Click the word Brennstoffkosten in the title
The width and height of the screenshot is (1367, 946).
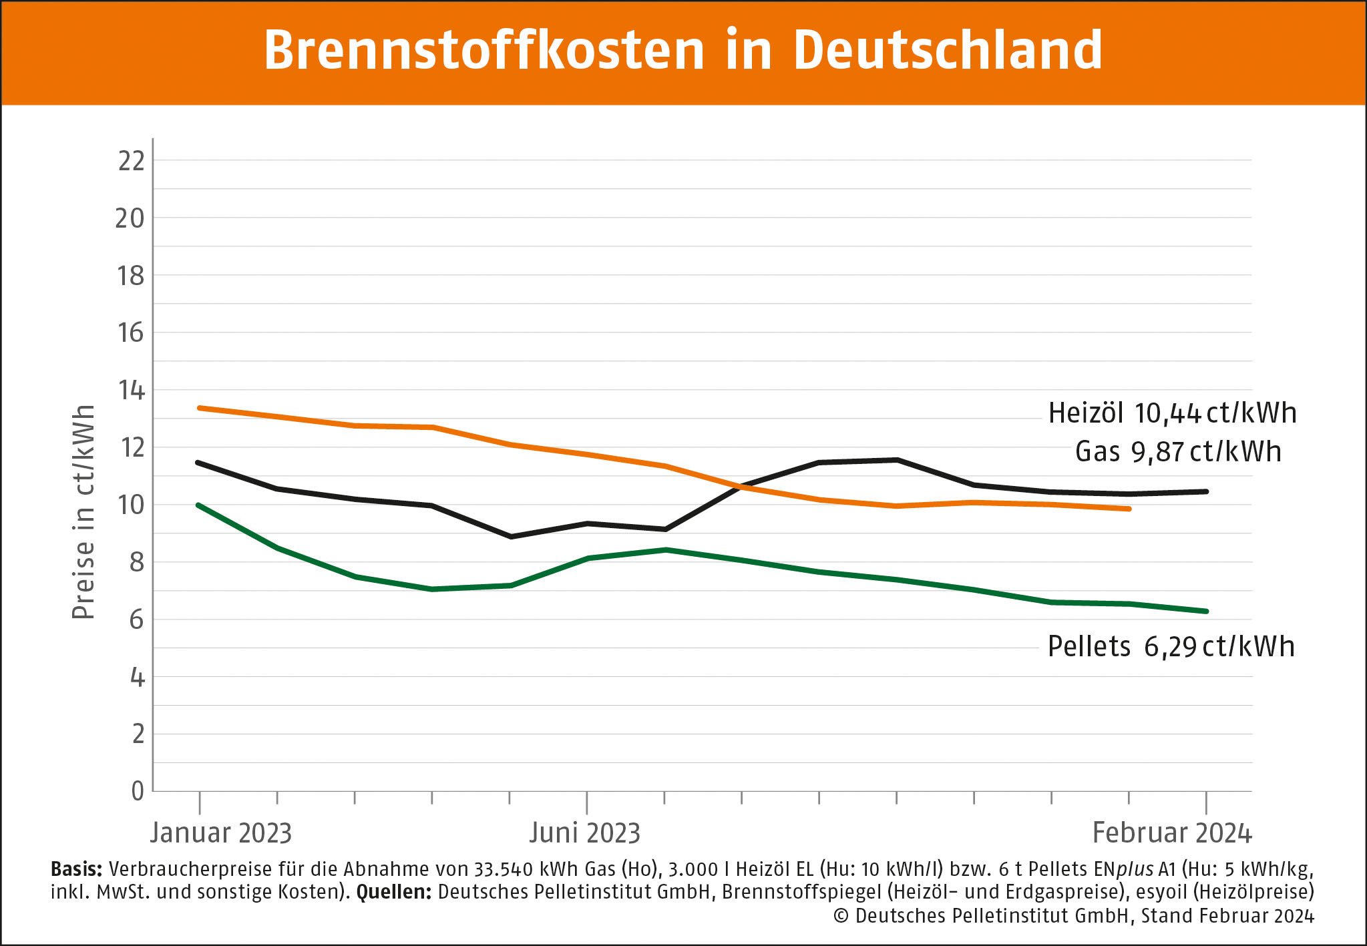pyautogui.click(x=484, y=51)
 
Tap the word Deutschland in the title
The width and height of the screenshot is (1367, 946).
pyautogui.click(x=948, y=51)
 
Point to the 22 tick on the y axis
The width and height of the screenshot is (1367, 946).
pyautogui.click(x=132, y=161)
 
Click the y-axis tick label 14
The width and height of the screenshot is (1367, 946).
pyautogui.click(x=132, y=391)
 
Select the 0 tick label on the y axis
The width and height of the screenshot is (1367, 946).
pyautogui.click(x=138, y=792)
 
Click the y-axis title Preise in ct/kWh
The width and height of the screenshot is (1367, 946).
pyautogui.click(x=83, y=512)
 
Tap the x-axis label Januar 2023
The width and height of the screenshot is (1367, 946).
pyautogui.click(x=221, y=833)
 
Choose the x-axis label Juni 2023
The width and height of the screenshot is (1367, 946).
pyautogui.click(x=585, y=833)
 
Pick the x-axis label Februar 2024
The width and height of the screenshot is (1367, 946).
pyautogui.click(x=1172, y=833)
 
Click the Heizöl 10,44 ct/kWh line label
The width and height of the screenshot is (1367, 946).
pyautogui.click(x=1172, y=413)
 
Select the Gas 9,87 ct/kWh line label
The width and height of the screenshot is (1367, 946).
pyautogui.click(x=1178, y=452)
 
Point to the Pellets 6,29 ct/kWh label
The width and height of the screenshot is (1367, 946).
pyautogui.click(x=1171, y=646)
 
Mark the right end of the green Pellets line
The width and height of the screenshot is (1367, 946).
pyautogui.click(x=1206, y=611)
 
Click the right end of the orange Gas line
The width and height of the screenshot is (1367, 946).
pyautogui.click(x=1129, y=509)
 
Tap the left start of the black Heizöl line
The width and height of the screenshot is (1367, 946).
pyautogui.click(x=198, y=462)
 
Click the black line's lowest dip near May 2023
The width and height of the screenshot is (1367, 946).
pyautogui.click(x=511, y=536)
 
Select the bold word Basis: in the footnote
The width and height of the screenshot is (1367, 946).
pyautogui.click(x=76, y=869)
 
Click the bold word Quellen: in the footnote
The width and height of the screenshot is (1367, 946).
pyautogui.click(x=394, y=892)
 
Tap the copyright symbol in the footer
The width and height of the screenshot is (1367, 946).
pyautogui.click(x=841, y=916)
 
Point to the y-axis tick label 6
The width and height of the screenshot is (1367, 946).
pyautogui.click(x=136, y=620)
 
